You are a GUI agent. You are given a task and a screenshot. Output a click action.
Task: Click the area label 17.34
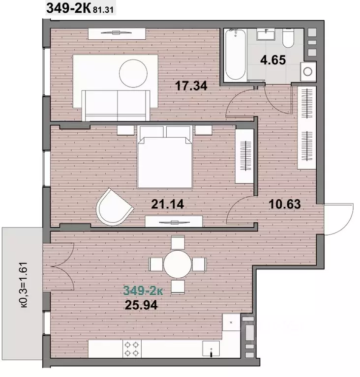191,86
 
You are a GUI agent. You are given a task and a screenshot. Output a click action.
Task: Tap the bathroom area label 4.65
273,60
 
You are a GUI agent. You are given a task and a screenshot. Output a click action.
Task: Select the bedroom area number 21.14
168,204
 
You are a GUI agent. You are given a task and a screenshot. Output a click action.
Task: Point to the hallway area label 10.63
285,204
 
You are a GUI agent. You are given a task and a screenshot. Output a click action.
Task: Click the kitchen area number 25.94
142,305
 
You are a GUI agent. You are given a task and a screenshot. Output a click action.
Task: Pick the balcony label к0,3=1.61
24,285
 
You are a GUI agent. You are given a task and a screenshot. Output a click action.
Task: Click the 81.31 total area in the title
103,10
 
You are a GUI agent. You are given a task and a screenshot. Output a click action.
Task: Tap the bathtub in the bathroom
236,55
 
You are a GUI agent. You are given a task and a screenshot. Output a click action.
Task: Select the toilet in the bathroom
288,38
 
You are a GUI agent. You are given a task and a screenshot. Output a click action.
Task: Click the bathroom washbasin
266,34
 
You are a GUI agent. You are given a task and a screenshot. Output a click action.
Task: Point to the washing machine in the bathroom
308,71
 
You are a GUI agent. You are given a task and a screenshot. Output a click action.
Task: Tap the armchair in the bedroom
114,207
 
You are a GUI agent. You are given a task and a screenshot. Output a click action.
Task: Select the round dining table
178,264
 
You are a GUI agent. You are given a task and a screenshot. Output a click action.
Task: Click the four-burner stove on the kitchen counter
132,349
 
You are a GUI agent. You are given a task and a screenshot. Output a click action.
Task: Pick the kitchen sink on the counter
211,348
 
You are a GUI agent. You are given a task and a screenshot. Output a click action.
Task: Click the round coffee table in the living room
133,74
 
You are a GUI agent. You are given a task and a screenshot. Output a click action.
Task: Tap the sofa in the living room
116,106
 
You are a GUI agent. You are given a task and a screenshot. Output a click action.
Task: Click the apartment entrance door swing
338,219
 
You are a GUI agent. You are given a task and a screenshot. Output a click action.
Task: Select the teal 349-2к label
143,290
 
